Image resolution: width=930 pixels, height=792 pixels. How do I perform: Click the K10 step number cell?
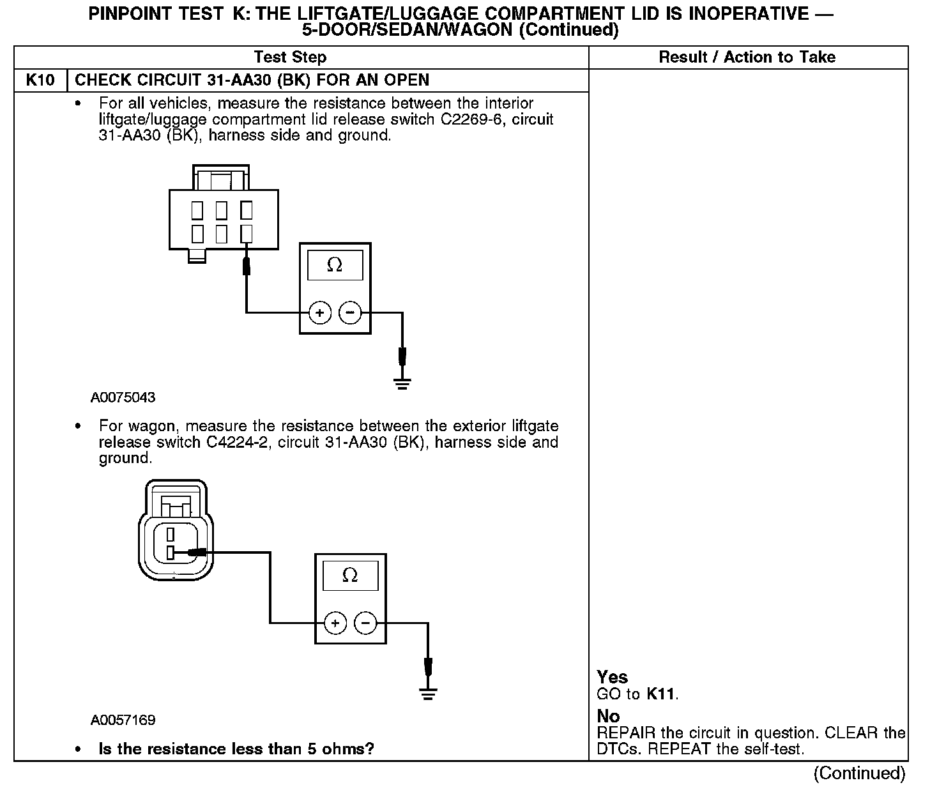[40, 80]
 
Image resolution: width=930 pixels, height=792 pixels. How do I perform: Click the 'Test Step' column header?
[290, 57]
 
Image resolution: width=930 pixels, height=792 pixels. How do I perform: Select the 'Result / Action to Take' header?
[747, 57]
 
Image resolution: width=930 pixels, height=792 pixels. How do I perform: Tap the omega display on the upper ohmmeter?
[335, 265]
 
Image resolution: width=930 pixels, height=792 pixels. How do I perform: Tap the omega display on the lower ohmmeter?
[350, 575]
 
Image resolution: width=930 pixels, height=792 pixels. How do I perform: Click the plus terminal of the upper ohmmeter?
[319, 313]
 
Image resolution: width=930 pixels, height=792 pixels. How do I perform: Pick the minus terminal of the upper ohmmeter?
[349, 313]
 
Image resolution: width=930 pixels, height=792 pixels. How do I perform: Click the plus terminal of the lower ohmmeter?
[335, 623]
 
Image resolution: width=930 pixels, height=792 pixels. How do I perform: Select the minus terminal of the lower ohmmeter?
[365, 623]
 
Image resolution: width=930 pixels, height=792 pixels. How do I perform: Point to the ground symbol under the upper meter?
[402, 384]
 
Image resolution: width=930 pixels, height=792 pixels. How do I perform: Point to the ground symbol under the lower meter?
[428, 694]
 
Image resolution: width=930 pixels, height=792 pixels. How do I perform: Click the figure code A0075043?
[123, 397]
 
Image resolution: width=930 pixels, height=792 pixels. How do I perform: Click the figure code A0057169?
[123, 720]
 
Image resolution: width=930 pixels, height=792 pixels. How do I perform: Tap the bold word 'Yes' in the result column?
[612, 677]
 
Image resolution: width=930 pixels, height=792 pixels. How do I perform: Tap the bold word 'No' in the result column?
[608, 716]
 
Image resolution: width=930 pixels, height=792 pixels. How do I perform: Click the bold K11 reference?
[660, 694]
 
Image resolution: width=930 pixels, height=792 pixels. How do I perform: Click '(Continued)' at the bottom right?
[859, 773]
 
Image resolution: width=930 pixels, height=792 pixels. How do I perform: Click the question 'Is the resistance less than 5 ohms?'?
[236, 749]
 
